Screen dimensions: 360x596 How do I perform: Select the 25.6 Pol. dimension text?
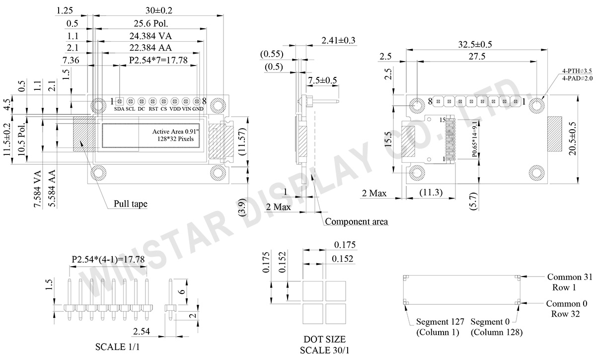click(x=150, y=23)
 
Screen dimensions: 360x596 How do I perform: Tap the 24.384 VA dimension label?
click(x=150, y=36)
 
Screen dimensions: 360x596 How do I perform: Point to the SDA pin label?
click(x=119, y=109)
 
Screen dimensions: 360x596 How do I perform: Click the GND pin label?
click(x=198, y=109)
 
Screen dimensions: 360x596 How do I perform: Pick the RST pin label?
click(x=153, y=109)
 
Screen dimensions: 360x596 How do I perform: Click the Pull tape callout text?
click(x=131, y=204)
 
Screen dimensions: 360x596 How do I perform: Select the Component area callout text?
click(x=356, y=221)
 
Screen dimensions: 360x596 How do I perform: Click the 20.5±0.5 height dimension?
click(x=588, y=140)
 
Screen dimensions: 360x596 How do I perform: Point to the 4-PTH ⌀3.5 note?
click(x=577, y=71)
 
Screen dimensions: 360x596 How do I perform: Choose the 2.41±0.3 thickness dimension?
click(x=339, y=40)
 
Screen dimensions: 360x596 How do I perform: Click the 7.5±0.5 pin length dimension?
click(x=322, y=80)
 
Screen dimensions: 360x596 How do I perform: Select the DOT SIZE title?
click(x=324, y=339)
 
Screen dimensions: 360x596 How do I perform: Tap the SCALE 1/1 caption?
click(x=118, y=346)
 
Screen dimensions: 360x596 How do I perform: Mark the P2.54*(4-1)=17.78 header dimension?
click(x=108, y=260)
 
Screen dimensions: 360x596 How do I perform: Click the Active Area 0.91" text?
click(x=174, y=132)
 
